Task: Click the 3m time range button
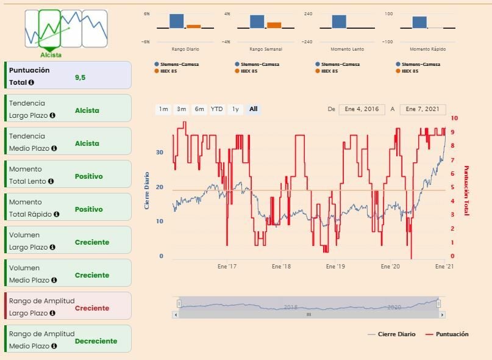pos(181,109)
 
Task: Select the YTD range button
pos(216,109)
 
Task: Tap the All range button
pos(253,109)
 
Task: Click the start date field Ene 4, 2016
pos(362,109)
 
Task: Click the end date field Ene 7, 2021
pos(422,109)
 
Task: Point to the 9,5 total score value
pos(80,77)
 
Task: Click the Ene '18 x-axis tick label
pos(281,267)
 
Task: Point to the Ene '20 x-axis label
pos(390,267)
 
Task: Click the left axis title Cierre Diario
pos(147,190)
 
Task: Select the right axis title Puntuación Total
pos(466,190)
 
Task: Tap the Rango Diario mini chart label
pos(185,49)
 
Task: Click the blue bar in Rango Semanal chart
pos(257,21)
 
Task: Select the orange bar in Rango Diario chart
pos(193,26)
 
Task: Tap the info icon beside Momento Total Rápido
pos(56,214)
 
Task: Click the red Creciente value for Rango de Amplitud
pos(91,308)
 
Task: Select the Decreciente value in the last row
pos(96,341)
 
